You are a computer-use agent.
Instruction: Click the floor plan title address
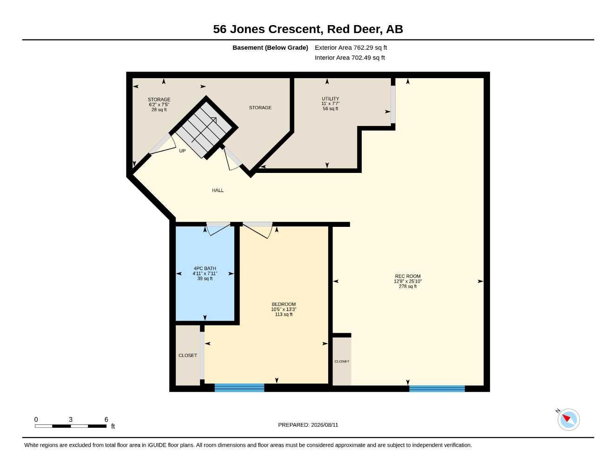(x=308, y=29)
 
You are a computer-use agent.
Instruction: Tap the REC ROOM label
(x=408, y=276)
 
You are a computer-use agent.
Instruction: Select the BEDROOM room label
(x=284, y=304)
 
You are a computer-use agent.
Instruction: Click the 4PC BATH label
(x=205, y=268)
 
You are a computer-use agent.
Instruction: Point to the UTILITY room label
(x=330, y=99)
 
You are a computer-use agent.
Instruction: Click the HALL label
(x=218, y=191)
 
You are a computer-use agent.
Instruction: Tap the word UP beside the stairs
(x=182, y=151)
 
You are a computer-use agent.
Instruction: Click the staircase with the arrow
(x=204, y=127)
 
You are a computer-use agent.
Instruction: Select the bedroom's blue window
(x=239, y=387)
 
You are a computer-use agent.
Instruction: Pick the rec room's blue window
(x=437, y=389)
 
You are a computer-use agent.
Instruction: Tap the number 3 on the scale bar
(x=71, y=419)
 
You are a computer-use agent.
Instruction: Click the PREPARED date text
(x=308, y=425)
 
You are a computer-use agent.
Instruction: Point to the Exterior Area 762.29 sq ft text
(x=351, y=47)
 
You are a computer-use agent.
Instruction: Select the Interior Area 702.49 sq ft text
(x=350, y=58)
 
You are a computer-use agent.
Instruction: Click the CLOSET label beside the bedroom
(x=188, y=355)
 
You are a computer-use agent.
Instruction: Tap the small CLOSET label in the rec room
(x=342, y=361)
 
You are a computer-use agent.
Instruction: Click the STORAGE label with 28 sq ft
(x=159, y=99)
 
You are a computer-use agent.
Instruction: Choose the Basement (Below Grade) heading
(x=270, y=47)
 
